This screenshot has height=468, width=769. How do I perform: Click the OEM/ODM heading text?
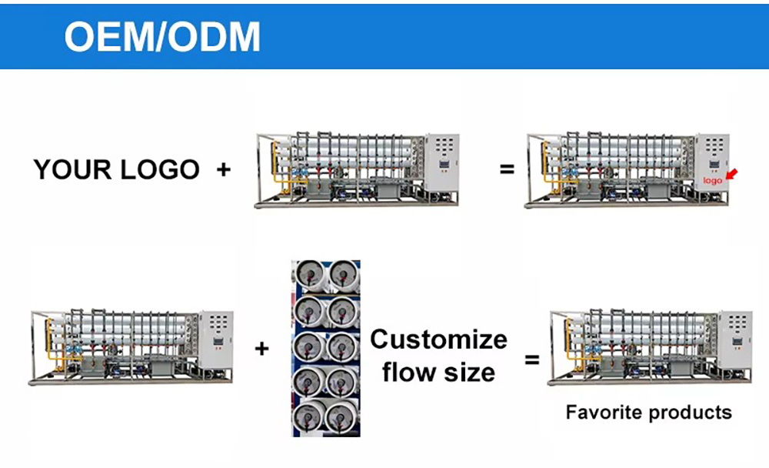point(162,36)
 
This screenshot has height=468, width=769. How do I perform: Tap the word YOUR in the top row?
point(74,169)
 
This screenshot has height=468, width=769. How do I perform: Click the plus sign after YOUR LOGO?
point(223,169)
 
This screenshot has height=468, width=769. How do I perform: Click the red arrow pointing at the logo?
point(731,175)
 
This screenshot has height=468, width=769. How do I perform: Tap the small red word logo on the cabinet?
point(713,181)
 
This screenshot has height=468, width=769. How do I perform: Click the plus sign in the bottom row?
point(262,349)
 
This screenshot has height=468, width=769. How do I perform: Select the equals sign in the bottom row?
point(531,359)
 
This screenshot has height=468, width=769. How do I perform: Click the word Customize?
point(438,339)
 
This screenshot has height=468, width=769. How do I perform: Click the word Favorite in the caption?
point(602,413)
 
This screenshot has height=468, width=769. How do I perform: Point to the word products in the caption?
point(689,413)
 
